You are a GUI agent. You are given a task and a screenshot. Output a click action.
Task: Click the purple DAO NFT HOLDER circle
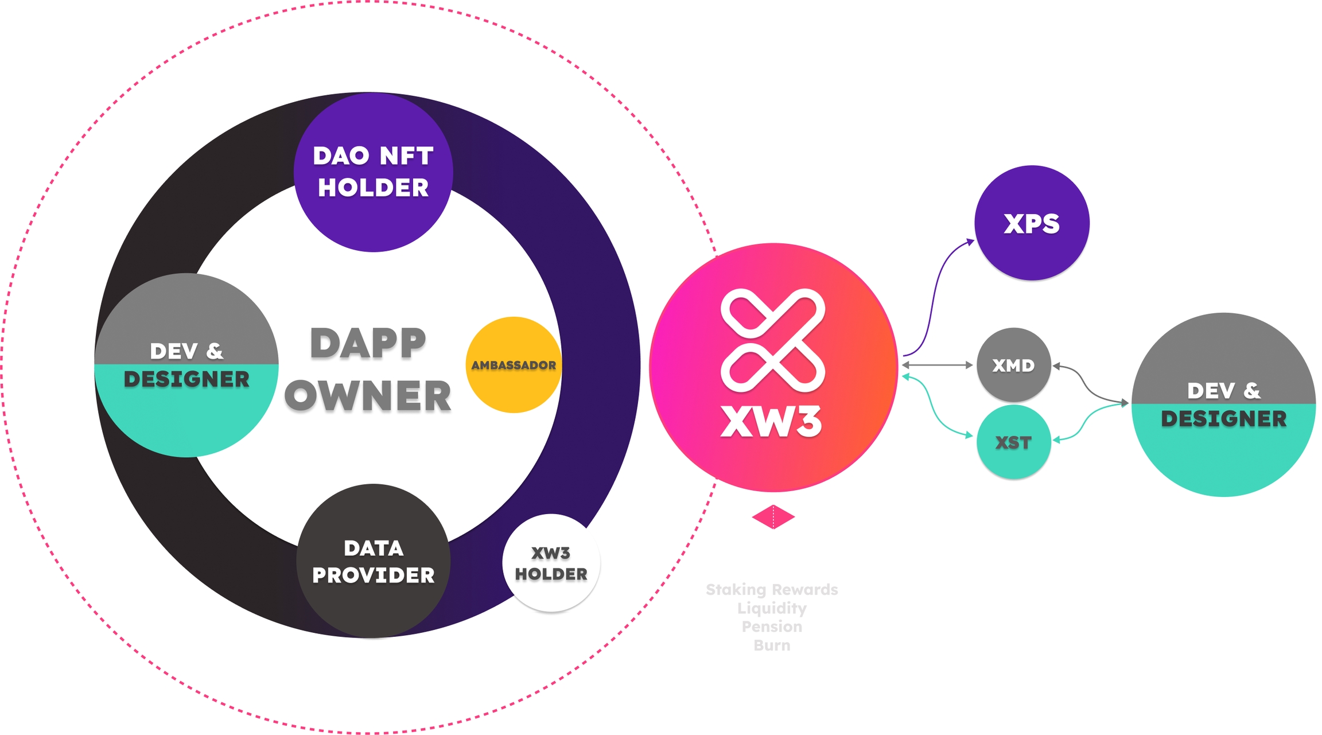[x=373, y=172]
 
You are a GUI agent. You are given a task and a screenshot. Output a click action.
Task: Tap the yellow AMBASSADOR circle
[x=514, y=365]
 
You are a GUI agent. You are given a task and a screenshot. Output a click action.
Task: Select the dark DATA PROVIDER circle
[x=373, y=561]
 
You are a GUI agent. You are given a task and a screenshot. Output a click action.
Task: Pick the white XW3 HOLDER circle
[x=551, y=563]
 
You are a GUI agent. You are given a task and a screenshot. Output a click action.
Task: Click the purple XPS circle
[x=1032, y=223]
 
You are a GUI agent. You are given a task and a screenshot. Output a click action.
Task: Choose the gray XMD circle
[x=1013, y=365]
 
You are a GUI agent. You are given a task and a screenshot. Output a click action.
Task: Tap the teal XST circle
[x=1013, y=442]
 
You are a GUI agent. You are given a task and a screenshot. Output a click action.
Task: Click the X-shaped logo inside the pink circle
[x=773, y=340]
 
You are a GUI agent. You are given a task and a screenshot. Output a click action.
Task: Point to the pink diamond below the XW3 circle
[x=773, y=517]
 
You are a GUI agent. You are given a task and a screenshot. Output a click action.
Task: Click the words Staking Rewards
[x=772, y=589]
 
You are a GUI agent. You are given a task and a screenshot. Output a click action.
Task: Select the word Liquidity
[x=772, y=608]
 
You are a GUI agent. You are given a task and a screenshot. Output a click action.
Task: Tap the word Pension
[x=772, y=627]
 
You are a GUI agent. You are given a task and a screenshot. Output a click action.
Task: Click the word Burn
[x=772, y=645]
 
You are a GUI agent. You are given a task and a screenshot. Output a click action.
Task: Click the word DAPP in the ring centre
[x=368, y=344]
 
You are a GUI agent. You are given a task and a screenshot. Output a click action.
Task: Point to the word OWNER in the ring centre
[x=368, y=396]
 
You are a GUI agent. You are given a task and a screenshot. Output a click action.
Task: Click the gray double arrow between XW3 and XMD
[x=937, y=365]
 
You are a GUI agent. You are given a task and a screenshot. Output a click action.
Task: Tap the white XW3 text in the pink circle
[x=771, y=422]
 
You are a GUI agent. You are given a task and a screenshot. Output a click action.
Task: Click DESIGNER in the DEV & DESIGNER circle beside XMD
[x=1223, y=419]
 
